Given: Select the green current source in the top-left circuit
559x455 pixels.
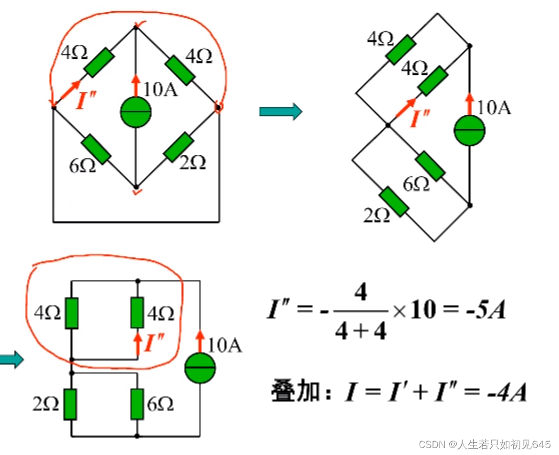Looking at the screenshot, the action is pos(135,113).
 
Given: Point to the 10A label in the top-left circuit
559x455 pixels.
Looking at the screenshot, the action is pos(161,89).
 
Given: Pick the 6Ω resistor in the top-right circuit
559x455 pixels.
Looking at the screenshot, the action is pos(430,166).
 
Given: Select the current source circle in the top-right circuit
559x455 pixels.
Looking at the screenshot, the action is pos(469,131).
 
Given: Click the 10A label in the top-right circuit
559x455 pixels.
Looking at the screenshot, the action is pos(494,108).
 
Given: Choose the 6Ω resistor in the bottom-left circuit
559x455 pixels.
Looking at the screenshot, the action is pos(137,404).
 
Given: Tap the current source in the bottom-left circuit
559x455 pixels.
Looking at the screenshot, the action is pos(200,368).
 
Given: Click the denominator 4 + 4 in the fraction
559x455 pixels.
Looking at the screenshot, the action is pos(361,332).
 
